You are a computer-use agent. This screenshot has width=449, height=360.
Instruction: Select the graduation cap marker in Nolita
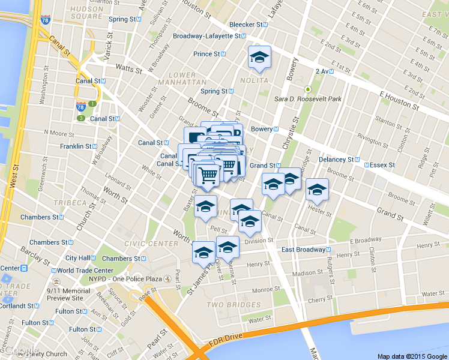tap(260, 58)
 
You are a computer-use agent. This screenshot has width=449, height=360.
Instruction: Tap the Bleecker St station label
tap(248, 25)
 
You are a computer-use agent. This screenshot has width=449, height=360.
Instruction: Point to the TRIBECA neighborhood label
tap(70, 203)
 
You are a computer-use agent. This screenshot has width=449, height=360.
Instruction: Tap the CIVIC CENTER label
tap(151, 244)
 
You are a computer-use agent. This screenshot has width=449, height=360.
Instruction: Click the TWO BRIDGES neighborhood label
tap(234, 305)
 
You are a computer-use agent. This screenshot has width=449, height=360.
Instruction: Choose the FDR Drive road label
tap(226, 337)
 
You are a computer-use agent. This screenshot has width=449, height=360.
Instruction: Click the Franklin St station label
tap(76, 146)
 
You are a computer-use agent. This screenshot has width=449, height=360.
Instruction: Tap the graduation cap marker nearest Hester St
tap(317, 191)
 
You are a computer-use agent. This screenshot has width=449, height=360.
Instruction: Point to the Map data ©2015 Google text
tap(412, 356)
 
